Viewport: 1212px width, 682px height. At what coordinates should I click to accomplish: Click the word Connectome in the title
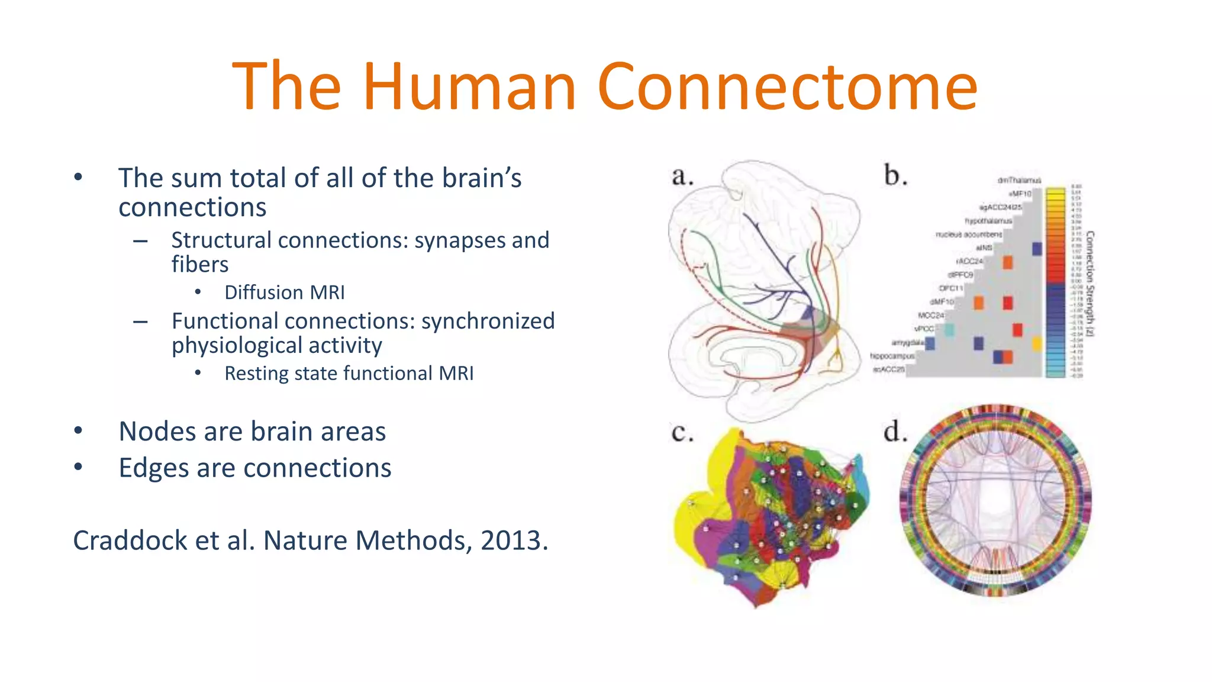pos(787,88)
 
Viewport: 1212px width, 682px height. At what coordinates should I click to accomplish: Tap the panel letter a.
pos(682,176)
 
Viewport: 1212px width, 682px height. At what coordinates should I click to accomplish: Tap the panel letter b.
pos(895,176)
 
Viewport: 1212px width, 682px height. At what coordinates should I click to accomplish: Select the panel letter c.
pos(682,432)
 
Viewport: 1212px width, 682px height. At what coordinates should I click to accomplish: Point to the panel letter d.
pos(895,432)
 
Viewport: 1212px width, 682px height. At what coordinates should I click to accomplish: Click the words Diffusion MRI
pos(284,292)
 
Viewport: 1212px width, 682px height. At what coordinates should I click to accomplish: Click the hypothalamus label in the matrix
pos(988,221)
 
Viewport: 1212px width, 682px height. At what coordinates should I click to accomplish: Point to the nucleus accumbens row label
pos(968,234)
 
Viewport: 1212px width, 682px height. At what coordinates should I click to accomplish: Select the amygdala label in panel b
pos(907,343)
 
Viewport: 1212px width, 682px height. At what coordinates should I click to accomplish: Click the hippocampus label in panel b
pos(892,356)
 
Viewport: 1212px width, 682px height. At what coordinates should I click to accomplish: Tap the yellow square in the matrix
pos(1037,343)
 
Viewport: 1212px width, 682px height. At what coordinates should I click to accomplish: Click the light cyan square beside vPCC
pos(949,330)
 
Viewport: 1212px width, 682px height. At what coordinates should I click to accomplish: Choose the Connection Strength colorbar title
pos(1090,284)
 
